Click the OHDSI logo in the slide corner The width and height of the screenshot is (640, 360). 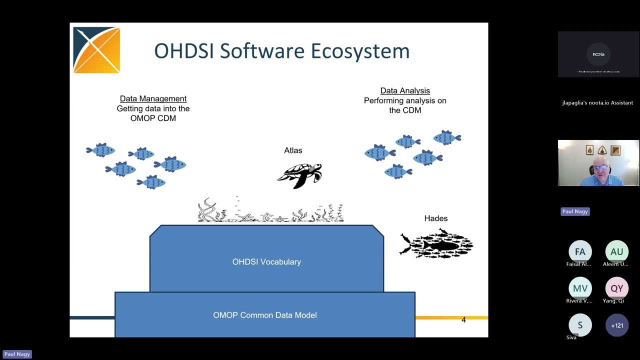coord(96,50)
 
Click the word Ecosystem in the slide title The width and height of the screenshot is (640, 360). coord(360,51)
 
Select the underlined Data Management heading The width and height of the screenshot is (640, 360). coord(153,98)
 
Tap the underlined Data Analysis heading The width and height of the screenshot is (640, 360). coord(405,90)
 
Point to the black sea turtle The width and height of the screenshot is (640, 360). coord(300,175)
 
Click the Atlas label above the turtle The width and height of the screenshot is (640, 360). coord(293,150)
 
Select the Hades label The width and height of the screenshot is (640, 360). coord(436,218)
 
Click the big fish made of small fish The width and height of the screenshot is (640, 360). coord(436,244)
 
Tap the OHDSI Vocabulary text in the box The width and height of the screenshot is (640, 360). coord(266,262)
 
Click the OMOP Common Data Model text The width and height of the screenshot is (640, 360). coord(265,315)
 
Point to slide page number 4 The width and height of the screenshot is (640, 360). coord(463,320)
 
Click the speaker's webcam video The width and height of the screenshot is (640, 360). coord(598,163)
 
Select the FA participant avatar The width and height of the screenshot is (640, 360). coord(580,251)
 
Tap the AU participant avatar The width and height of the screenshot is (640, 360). coord(616,251)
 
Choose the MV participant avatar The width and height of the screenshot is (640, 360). coord(580,288)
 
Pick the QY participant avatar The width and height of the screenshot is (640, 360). coord(616,288)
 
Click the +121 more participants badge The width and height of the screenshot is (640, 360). coord(616,325)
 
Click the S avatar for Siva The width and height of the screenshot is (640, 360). coord(580,325)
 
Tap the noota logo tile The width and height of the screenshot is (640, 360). coord(598,54)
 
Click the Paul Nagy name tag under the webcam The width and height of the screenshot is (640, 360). coord(575,211)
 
